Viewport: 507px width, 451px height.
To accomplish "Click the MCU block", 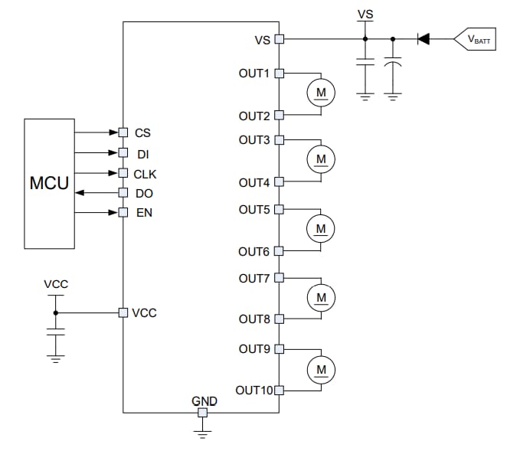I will pos(49,184).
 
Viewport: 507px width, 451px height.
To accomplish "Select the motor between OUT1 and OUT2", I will pos(321,93).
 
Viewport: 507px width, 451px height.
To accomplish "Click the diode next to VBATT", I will pos(423,38).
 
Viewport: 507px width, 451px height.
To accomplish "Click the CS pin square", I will pos(123,132).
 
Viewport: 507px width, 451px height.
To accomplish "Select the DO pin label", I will pos(144,193).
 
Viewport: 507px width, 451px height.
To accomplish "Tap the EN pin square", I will pos(123,212).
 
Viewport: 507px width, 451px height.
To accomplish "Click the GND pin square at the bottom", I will pos(202,413).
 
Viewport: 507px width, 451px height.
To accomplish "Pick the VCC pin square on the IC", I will pos(123,312).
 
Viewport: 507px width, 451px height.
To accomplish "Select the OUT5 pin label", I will pos(254,209).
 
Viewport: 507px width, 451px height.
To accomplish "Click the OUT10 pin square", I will pos(279,390).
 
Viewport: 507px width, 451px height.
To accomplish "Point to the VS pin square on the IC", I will pos(279,38).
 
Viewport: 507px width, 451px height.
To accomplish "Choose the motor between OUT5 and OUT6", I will pos(321,228).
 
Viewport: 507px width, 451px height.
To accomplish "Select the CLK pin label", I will pos(145,173).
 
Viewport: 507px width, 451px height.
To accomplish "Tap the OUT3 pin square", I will pos(279,140).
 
